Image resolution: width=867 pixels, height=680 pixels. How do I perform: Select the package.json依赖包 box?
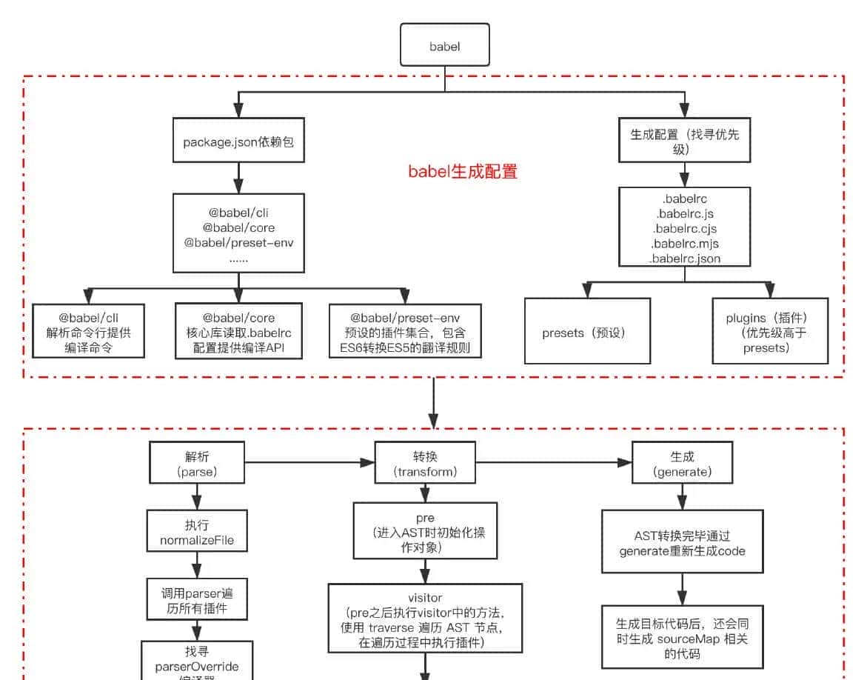pyautogui.click(x=238, y=141)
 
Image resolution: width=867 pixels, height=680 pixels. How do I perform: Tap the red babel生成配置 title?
pyautogui.click(x=463, y=172)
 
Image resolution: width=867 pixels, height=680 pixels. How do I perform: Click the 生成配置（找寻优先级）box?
pyautogui.click(x=685, y=141)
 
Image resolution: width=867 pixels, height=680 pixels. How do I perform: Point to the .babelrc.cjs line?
pyautogui.click(x=684, y=229)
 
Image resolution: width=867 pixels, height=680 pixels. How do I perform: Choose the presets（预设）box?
pyautogui.click(x=587, y=331)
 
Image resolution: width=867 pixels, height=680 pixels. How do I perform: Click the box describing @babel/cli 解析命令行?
pyautogui.click(x=88, y=331)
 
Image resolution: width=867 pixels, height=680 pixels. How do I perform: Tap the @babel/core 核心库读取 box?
pyautogui.click(x=238, y=331)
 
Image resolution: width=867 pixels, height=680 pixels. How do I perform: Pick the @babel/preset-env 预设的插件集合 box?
pyautogui.click(x=405, y=331)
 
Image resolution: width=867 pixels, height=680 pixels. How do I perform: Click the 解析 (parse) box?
pyautogui.click(x=198, y=464)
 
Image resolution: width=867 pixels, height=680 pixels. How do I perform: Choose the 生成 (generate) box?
pyautogui.click(x=673, y=464)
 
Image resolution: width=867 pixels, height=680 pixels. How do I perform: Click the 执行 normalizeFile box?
pyautogui.click(x=197, y=532)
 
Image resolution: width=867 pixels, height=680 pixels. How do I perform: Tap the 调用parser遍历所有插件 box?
pyautogui.click(x=197, y=600)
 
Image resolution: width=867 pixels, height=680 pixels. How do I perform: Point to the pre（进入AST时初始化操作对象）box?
pyautogui.click(x=425, y=531)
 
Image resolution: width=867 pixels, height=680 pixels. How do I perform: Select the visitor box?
pyautogui.click(x=425, y=618)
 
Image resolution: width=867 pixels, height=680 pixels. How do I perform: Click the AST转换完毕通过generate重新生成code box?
pyautogui.click(x=682, y=541)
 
